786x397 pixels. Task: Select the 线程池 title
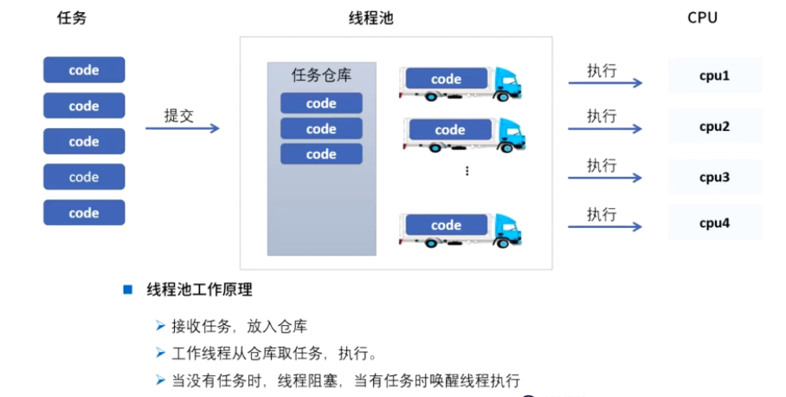[371, 18]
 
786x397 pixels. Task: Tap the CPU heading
[702, 17]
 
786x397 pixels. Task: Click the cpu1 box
[714, 75]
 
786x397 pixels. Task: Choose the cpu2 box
[714, 127]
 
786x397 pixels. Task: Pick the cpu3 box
[714, 177]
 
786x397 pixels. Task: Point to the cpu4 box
[714, 223]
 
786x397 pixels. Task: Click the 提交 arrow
[182, 129]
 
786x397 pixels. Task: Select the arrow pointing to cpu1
[605, 84]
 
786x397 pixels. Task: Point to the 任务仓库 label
[321, 76]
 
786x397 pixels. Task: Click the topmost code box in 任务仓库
[321, 103]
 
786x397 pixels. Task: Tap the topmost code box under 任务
[84, 70]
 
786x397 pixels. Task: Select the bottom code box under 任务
[84, 212]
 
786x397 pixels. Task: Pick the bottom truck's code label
[446, 225]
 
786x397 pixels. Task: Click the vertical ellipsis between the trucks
[467, 171]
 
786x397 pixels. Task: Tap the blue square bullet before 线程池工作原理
[127, 290]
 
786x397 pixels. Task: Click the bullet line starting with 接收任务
[232, 327]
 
